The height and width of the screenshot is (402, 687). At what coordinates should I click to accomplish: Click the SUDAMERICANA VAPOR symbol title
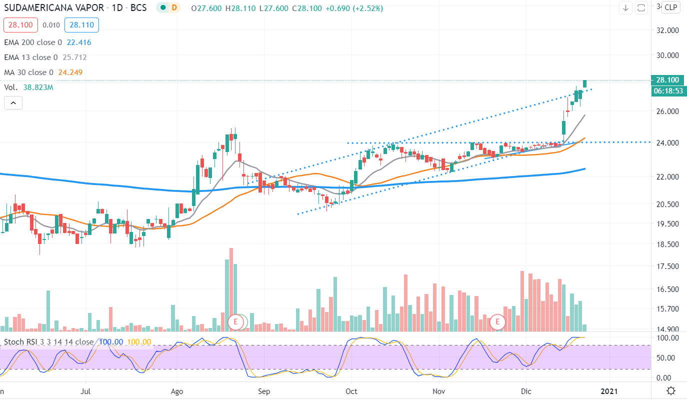pyautogui.click(x=54, y=7)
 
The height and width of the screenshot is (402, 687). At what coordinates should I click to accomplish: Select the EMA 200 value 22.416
pyautogui.click(x=79, y=42)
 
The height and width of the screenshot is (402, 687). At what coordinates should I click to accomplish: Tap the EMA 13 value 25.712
pyautogui.click(x=74, y=57)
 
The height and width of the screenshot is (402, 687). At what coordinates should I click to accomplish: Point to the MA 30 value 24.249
pyautogui.click(x=70, y=72)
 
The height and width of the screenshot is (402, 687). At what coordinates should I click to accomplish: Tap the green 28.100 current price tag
pyautogui.click(x=667, y=80)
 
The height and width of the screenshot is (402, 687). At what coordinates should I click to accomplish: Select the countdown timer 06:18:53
pyautogui.click(x=667, y=91)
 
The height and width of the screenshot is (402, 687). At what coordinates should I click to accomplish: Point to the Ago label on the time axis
pyautogui.click(x=176, y=390)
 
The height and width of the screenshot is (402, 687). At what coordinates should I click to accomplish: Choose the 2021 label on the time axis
pyautogui.click(x=609, y=390)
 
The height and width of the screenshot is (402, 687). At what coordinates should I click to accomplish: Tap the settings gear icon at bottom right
pyautogui.click(x=671, y=390)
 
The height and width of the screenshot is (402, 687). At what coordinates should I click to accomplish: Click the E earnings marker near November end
pyautogui.click(x=497, y=321)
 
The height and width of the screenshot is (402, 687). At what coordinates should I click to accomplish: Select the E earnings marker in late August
pyautogui.click(x=235, y=321)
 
